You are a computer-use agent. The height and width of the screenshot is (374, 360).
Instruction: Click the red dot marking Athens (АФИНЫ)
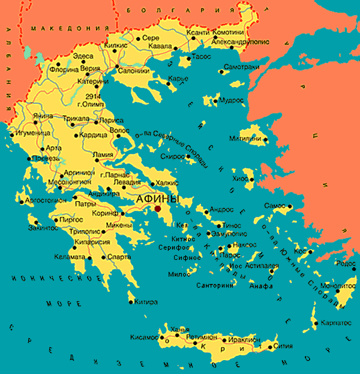157,208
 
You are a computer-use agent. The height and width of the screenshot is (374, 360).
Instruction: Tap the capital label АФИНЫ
158,199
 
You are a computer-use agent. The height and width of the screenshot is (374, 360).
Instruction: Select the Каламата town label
70,257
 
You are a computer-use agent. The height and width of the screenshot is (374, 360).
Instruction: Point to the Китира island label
146,301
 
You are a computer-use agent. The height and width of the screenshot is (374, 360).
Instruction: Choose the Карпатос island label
335,322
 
